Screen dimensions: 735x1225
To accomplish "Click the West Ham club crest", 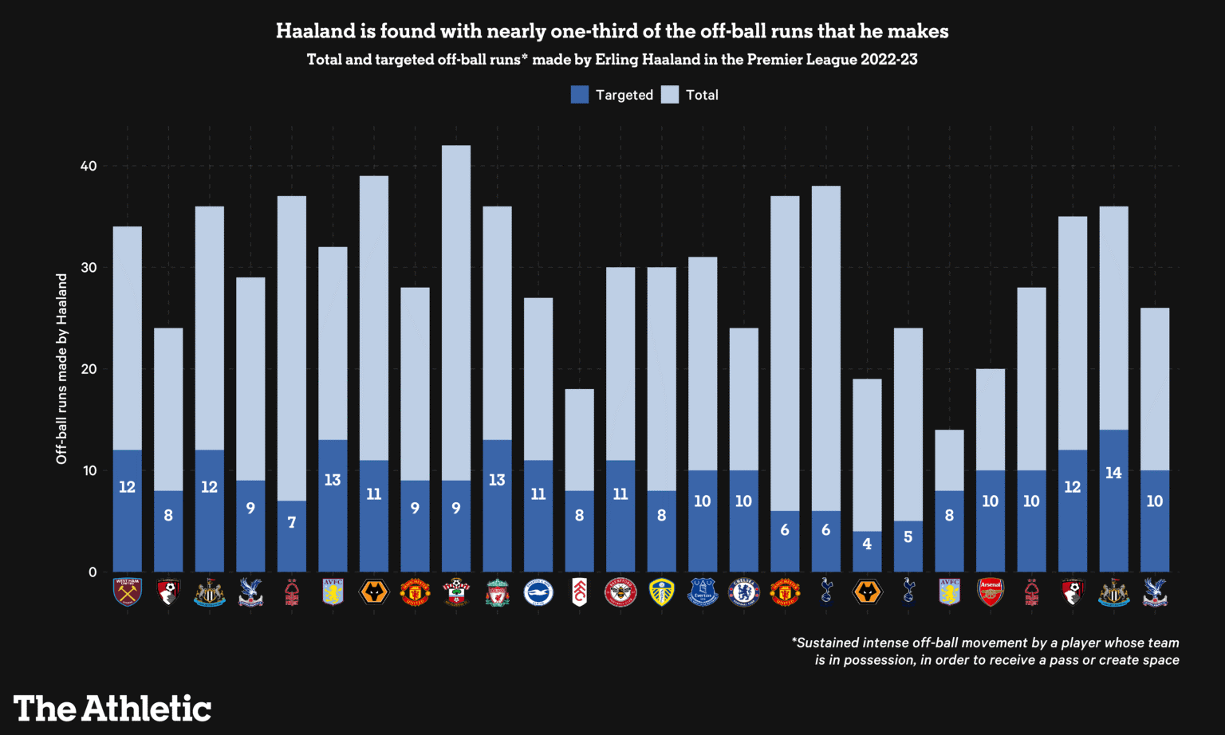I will coord(128,592).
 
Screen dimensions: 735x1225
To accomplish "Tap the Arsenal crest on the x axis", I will coord(991,592).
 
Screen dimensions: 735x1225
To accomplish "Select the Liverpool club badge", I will coord(497,592).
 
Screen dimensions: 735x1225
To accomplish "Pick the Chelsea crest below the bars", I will coord(743,592).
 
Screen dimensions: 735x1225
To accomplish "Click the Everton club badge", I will coord(703,592).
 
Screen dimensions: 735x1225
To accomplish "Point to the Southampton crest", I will coord(456,592).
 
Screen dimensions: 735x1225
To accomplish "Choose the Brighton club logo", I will coord(538,592).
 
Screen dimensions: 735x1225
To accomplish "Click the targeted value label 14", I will coord(1113,473).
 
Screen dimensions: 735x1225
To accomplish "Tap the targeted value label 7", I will coord(292,522).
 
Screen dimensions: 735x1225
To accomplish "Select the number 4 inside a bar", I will coord(867,544).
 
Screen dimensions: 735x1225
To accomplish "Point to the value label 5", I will coord(908,537).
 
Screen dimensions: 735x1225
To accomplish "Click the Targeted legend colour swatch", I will coord(580,95).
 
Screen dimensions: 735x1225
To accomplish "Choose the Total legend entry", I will coord(691,95).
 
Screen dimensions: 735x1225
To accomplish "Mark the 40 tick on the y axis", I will coord(88,166).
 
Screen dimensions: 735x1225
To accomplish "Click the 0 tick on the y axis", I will coord(93,572).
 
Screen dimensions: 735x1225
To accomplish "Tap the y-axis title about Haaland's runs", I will coord(61,368).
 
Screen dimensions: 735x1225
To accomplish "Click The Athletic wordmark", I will coord(112,709).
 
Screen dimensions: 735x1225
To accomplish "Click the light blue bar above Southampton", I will coord(456,311).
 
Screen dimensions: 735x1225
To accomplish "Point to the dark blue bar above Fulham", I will coord(580,531).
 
